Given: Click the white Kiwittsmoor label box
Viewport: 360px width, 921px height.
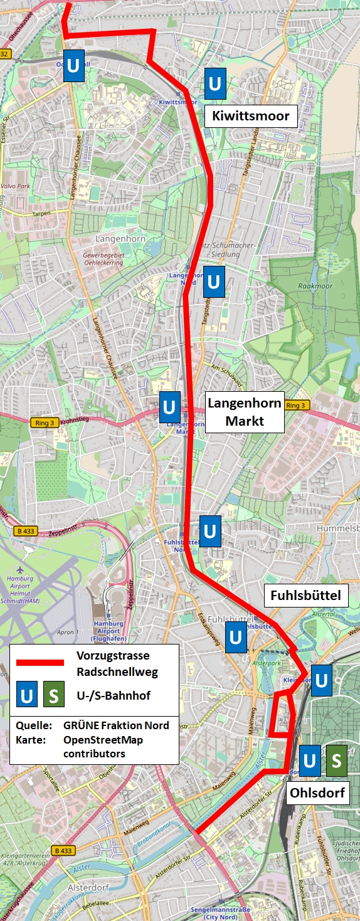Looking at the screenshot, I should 251,115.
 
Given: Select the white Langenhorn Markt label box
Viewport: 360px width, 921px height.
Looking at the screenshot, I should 245,412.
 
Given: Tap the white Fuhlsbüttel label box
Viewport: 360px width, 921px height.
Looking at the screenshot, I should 305,595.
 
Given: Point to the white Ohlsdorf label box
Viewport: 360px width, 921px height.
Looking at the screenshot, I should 317,793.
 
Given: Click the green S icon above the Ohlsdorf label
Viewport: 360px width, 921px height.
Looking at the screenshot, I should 336,760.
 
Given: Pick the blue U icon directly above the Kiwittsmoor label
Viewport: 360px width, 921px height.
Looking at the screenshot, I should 215,84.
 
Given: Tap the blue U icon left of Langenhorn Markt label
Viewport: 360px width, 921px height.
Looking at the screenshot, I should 169,407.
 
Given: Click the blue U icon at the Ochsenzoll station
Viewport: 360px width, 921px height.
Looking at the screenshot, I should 73,66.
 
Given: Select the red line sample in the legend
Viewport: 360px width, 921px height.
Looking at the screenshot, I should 40,663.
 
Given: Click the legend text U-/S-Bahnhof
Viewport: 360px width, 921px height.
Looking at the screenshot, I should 114,695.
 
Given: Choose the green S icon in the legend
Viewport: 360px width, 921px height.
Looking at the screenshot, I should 53,696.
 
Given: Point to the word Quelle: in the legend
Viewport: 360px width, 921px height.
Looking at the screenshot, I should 33,725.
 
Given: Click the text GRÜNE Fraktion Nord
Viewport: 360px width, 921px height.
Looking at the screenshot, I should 116,725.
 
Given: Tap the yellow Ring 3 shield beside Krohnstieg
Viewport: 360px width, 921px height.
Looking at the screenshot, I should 41,423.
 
